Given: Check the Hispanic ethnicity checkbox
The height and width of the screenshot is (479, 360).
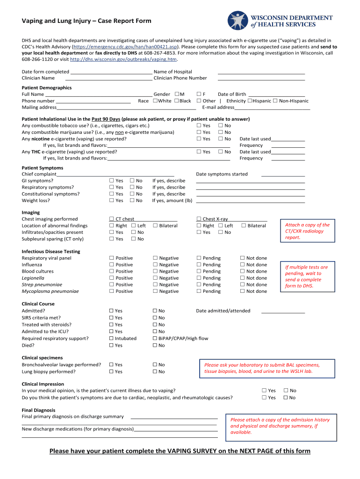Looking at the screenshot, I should (250, 101).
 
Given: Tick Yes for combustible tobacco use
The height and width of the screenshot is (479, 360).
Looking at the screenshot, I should (199, 126).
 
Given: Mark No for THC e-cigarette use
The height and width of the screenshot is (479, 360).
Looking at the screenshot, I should (221, 152).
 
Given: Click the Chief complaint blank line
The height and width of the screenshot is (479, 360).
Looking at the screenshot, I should (122, 174).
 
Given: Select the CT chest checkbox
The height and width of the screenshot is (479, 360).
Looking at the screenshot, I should (112, 219).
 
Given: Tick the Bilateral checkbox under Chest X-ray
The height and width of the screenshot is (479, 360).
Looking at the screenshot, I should (244, 226).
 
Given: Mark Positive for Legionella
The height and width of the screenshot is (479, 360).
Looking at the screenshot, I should (112, 278).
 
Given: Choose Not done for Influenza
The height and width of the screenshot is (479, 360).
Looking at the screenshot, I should (243, 265).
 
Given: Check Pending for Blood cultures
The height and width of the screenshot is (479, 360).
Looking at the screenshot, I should (199, 271).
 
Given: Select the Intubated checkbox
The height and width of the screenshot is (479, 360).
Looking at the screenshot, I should (112, 339).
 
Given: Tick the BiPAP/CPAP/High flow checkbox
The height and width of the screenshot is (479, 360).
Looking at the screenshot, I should (155, 339).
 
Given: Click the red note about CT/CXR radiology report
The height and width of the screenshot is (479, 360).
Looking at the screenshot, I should (307, 231).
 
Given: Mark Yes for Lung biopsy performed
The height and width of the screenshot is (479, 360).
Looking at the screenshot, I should (112, 372).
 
